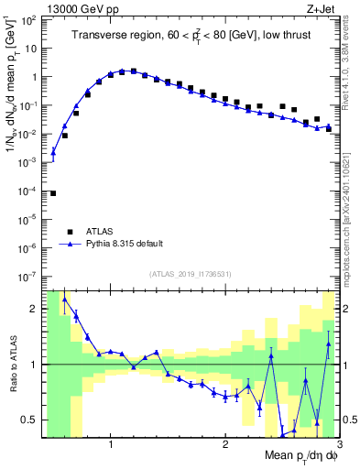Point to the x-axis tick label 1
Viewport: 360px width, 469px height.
point(110,443)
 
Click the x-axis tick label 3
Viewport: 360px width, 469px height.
point(338,443)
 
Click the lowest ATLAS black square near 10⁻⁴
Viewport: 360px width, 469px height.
point(53,193)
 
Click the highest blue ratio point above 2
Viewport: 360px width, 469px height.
point(64,299)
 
